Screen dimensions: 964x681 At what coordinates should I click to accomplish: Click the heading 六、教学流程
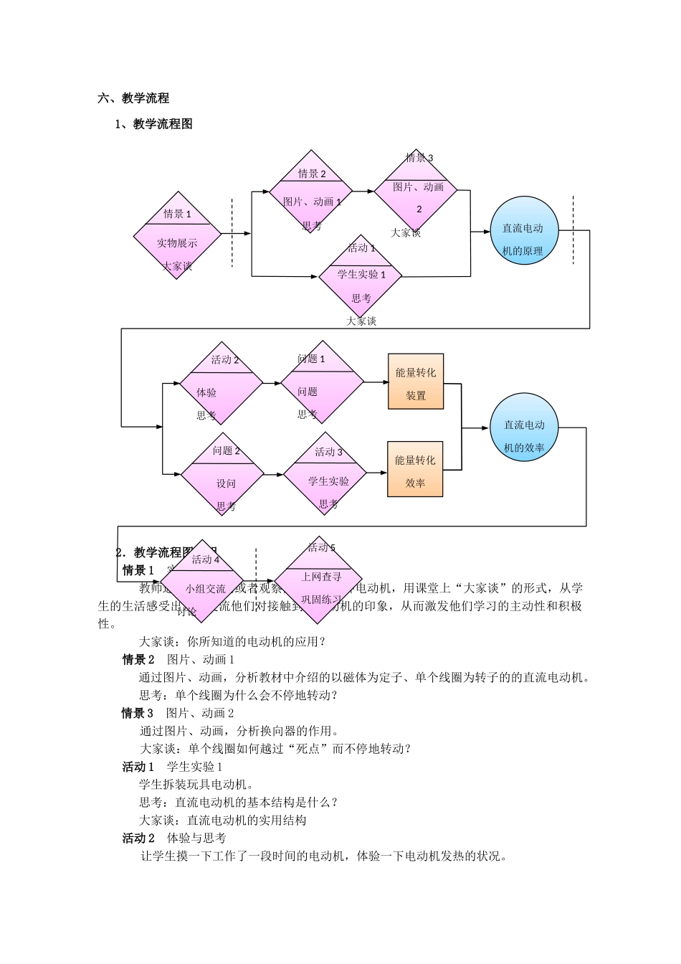coord(133,98)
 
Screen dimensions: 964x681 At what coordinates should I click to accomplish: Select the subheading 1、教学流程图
coord(153,124)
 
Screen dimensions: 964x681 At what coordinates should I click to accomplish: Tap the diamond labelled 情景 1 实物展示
coord(177,235)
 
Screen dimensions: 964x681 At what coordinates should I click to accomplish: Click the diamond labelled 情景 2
coord(311,192)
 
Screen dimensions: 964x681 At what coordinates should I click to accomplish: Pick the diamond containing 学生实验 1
coord(361,275)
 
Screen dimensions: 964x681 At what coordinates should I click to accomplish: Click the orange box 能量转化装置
coord(416,382)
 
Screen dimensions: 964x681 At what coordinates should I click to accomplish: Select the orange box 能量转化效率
coord(416,469)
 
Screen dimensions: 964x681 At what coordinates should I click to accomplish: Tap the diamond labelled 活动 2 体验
coord(222,382)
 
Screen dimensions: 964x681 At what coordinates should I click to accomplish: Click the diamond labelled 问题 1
coord(322,382)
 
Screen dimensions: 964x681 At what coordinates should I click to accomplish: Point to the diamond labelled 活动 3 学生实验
coord(325,473)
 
